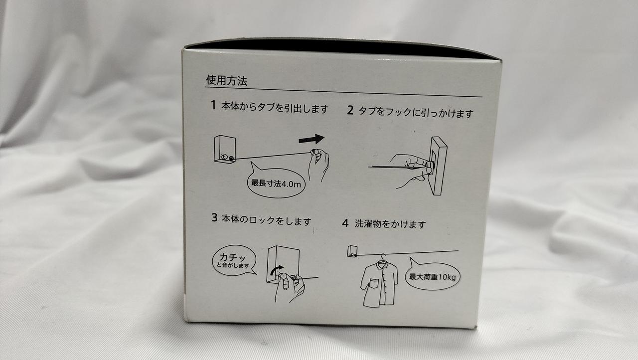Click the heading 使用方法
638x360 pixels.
227,80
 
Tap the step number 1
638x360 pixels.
213,105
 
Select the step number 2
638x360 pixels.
350,110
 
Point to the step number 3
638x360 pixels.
214,217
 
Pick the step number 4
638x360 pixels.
345,223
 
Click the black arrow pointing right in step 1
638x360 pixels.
312,139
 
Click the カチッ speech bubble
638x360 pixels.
234,261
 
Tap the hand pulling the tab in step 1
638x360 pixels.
319,164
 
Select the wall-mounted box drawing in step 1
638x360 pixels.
225,149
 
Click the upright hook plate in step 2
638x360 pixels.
439,166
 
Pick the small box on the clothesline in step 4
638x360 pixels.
352,251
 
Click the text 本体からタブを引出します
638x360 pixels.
275,108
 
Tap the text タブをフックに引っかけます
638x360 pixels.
416,113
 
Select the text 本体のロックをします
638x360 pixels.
266,220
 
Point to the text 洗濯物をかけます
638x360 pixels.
390,224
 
